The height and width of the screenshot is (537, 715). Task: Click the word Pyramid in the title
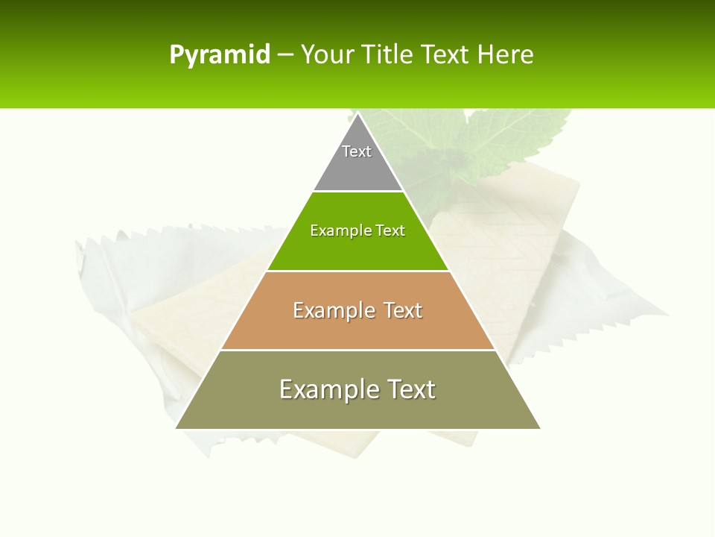(x=219, y=55)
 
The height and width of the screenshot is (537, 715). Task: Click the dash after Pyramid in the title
(x=285, y=56)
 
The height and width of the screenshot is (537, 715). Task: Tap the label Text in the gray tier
(x=357, y=151)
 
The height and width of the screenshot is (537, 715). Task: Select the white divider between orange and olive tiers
(x=357, y=350)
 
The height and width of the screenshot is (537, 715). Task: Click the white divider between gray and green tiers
(x=357, y=191)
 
